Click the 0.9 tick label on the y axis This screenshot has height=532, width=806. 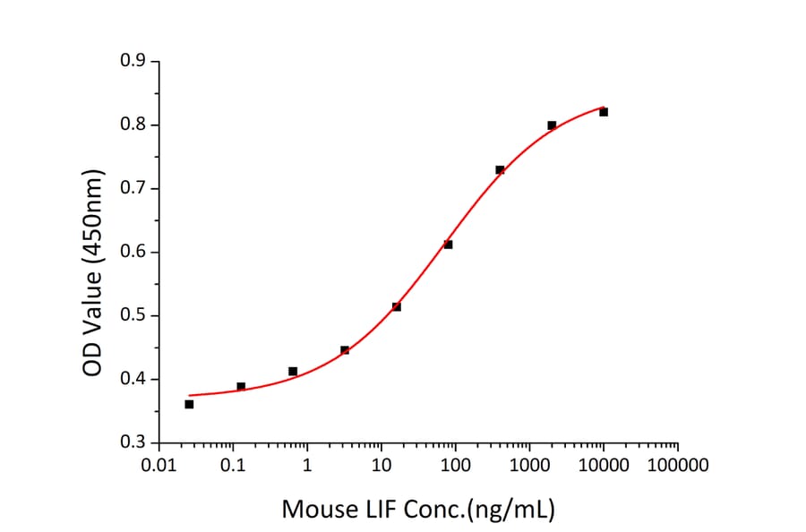click(x=133, y=61)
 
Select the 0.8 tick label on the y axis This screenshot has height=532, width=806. click(x=133, y=124)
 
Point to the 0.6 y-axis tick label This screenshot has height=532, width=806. click(x=133, y=252)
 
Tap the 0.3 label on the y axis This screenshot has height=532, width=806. click(x=133, y=442)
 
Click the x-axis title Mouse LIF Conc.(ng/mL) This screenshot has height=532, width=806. click(x=418, y=510)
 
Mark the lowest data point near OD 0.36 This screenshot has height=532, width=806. click(x=189, y=404)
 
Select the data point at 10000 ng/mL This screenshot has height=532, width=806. click(x=604, y=112)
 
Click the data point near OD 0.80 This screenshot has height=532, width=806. click(x=552, y=125)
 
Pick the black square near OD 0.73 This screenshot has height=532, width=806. click(x=500, y=169)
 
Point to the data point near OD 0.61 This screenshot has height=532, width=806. click(x=448, y=245)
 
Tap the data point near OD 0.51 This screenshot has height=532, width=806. click(x=397, y=307)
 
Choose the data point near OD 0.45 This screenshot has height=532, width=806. click(x=345, y=350)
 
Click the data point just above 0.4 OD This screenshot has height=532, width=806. click(x=293, y=371)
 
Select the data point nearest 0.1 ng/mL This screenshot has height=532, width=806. click(x=241, y=387)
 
